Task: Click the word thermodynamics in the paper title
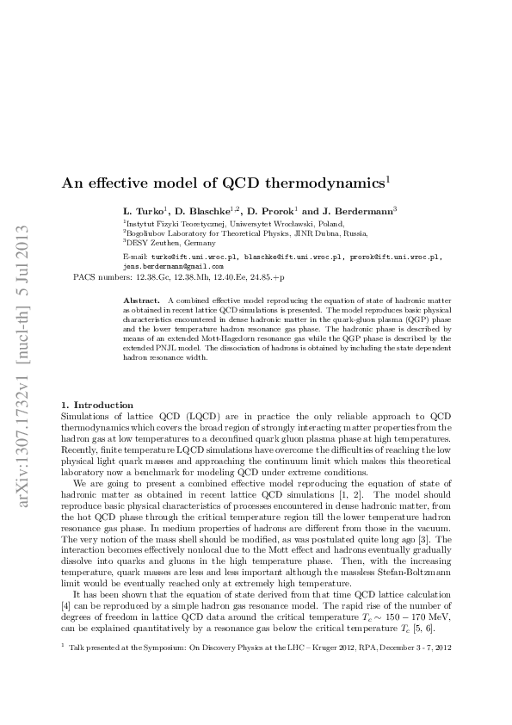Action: click(328, 183)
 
